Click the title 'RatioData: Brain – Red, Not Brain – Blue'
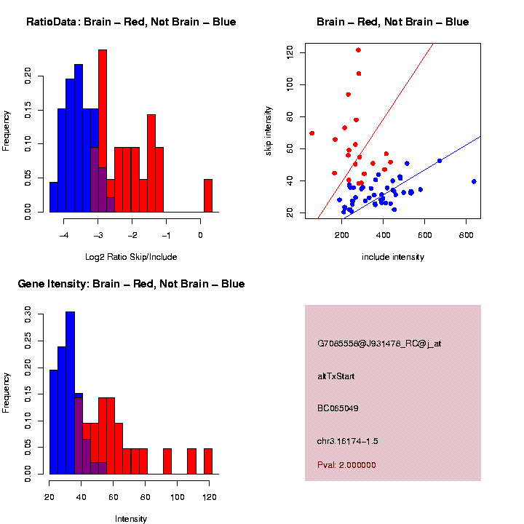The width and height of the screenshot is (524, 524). point(131,22)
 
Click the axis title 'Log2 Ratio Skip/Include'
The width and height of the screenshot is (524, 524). point(131,257)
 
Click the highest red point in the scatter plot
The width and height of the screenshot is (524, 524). point(358,50)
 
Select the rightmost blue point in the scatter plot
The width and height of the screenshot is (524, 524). point(474,181)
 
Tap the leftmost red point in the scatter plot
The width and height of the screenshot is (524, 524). point(312,133)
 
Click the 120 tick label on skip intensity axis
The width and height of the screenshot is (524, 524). point(290,53)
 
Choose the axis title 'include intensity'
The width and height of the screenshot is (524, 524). point(392,257)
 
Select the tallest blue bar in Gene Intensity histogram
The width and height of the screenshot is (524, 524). point(70,393)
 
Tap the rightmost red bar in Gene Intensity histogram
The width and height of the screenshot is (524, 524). point(207,461)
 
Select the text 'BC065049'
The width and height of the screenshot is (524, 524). point(338,408)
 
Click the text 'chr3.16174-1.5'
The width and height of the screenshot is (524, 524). point(348,441)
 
